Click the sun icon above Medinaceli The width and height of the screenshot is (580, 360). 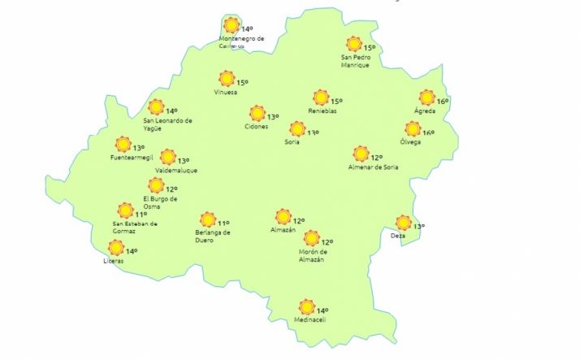coord(306,306)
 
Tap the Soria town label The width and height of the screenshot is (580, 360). coord(292,142)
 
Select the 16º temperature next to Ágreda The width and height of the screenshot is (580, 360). coord(443,102)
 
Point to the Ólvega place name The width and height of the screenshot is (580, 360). coord(410,142)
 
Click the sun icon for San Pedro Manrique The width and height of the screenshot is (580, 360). coord(353,44)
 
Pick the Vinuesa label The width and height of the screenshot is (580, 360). coord(226,92)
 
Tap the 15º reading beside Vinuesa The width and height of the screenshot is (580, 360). coord(242,82)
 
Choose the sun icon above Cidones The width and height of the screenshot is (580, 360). coord(258,113)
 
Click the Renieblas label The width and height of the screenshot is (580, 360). coord(322,111)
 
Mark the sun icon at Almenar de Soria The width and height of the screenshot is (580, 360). coord(361,153)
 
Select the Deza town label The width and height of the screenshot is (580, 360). coord(398,236)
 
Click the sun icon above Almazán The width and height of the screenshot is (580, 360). coord(283,216)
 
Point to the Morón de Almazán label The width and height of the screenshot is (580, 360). coord(311,255)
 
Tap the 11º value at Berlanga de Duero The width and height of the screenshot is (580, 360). coord(223,223)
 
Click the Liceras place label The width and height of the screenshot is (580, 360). coord(114,261)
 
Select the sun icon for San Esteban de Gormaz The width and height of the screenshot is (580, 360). coord(125,210)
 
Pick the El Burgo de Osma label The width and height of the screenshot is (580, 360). coord(160,202)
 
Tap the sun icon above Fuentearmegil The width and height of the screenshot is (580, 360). coord(123,144)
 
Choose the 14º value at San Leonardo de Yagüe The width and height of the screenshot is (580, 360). coord(171,111)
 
